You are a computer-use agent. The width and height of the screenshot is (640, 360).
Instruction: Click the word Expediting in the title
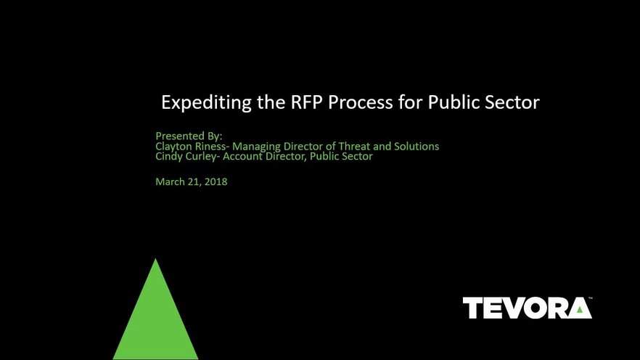point(206,102)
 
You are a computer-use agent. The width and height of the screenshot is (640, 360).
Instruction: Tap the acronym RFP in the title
point(307,102)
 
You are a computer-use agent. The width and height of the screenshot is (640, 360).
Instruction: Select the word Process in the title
point(361,102)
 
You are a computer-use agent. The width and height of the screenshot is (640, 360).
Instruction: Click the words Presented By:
point(189,136)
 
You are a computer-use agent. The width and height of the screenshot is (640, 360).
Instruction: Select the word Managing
point(256,147)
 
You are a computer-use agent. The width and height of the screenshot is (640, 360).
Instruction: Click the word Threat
point(354,146)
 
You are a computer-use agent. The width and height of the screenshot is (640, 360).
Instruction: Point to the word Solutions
point(417,146)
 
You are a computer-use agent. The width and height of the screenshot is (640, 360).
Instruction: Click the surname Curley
point(201,156)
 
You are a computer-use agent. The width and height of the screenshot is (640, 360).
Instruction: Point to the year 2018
point(216,181)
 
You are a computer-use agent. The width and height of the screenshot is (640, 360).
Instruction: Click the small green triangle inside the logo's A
point(580,309)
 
